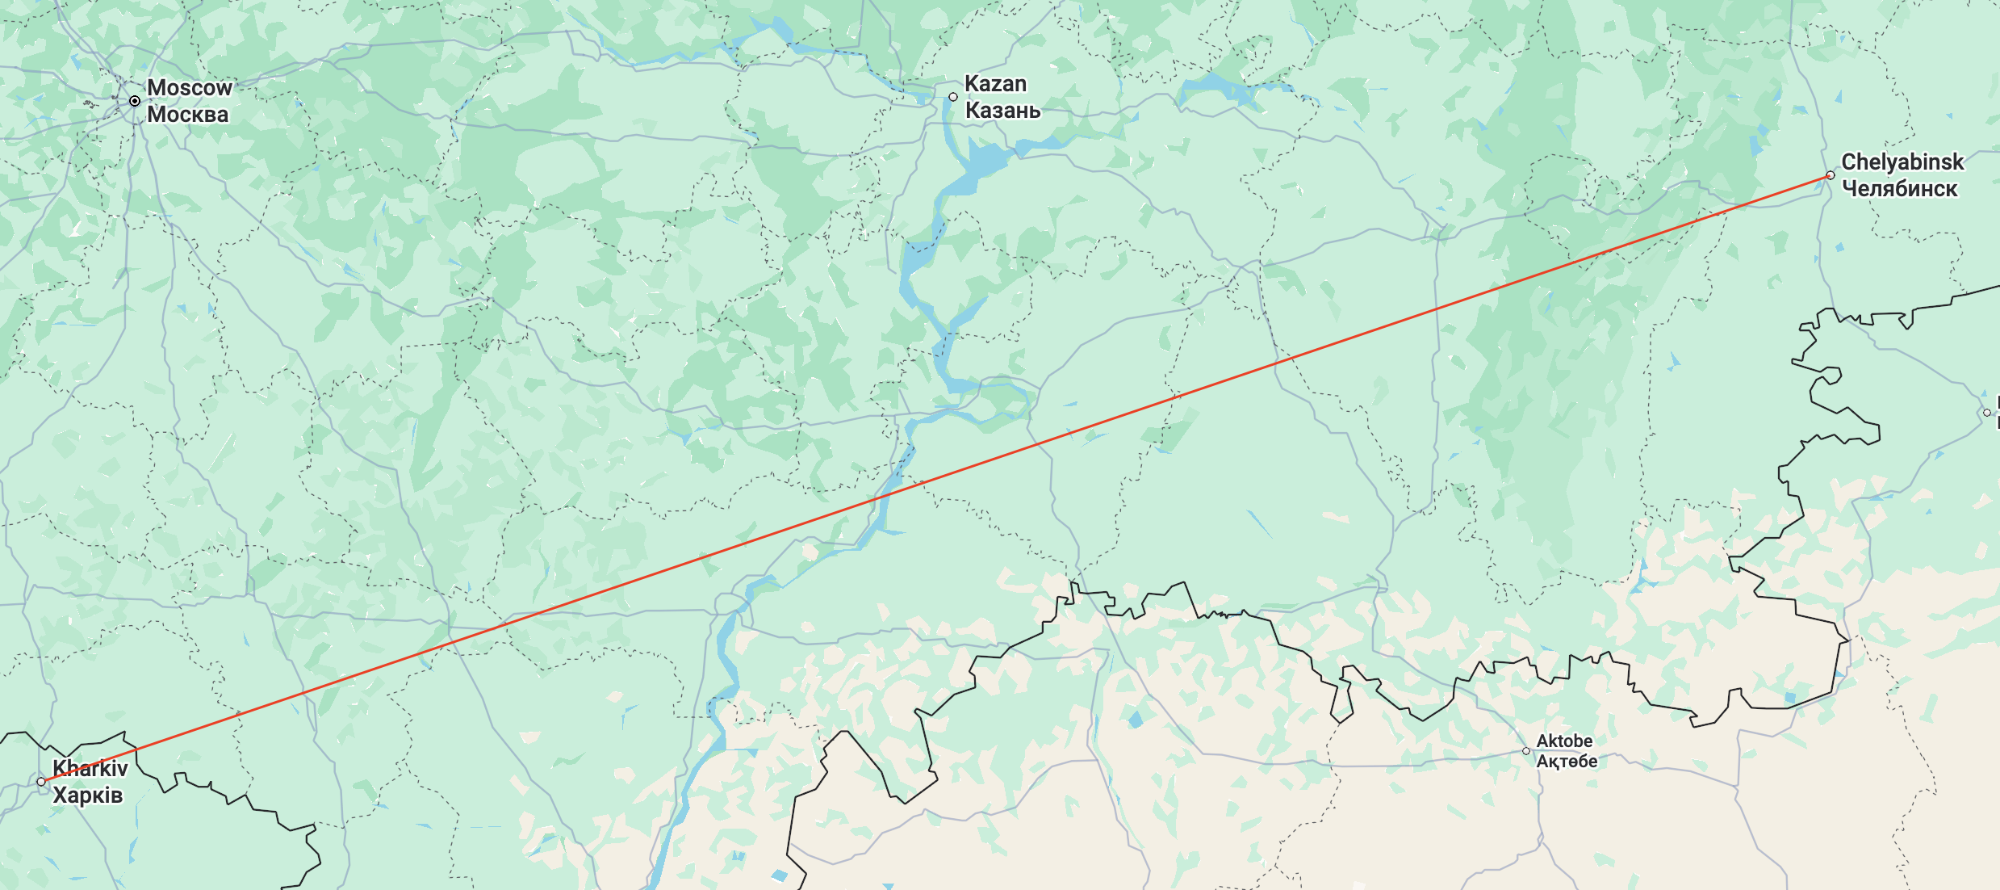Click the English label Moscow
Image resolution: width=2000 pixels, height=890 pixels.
click(189, 87)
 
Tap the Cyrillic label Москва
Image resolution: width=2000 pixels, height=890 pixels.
click(187, 115)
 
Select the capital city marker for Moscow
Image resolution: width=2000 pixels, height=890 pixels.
click(135, 101)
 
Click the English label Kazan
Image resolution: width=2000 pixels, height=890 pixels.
click(995, 84)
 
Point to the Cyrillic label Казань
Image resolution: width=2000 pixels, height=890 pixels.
click(1002, 111)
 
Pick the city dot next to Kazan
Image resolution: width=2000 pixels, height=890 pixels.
click(953, 97)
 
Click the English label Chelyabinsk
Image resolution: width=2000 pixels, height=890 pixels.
click(1902, 162)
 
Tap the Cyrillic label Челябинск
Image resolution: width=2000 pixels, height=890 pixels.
click(1899, 189)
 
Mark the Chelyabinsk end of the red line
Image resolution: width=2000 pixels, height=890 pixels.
click(1831, 175)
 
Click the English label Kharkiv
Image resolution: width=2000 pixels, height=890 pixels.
click(90, 768)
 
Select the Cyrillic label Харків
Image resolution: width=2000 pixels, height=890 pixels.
click(87, 796)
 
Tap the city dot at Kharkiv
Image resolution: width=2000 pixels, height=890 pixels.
click(41, 782)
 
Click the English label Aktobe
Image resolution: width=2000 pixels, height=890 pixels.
click(1564, 741)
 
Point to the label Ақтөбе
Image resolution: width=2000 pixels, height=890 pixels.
click(1567, 762)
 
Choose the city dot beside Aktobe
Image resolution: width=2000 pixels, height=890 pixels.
click(1526, 751)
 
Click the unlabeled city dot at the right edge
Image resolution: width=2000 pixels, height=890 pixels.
click(1987, 413)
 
